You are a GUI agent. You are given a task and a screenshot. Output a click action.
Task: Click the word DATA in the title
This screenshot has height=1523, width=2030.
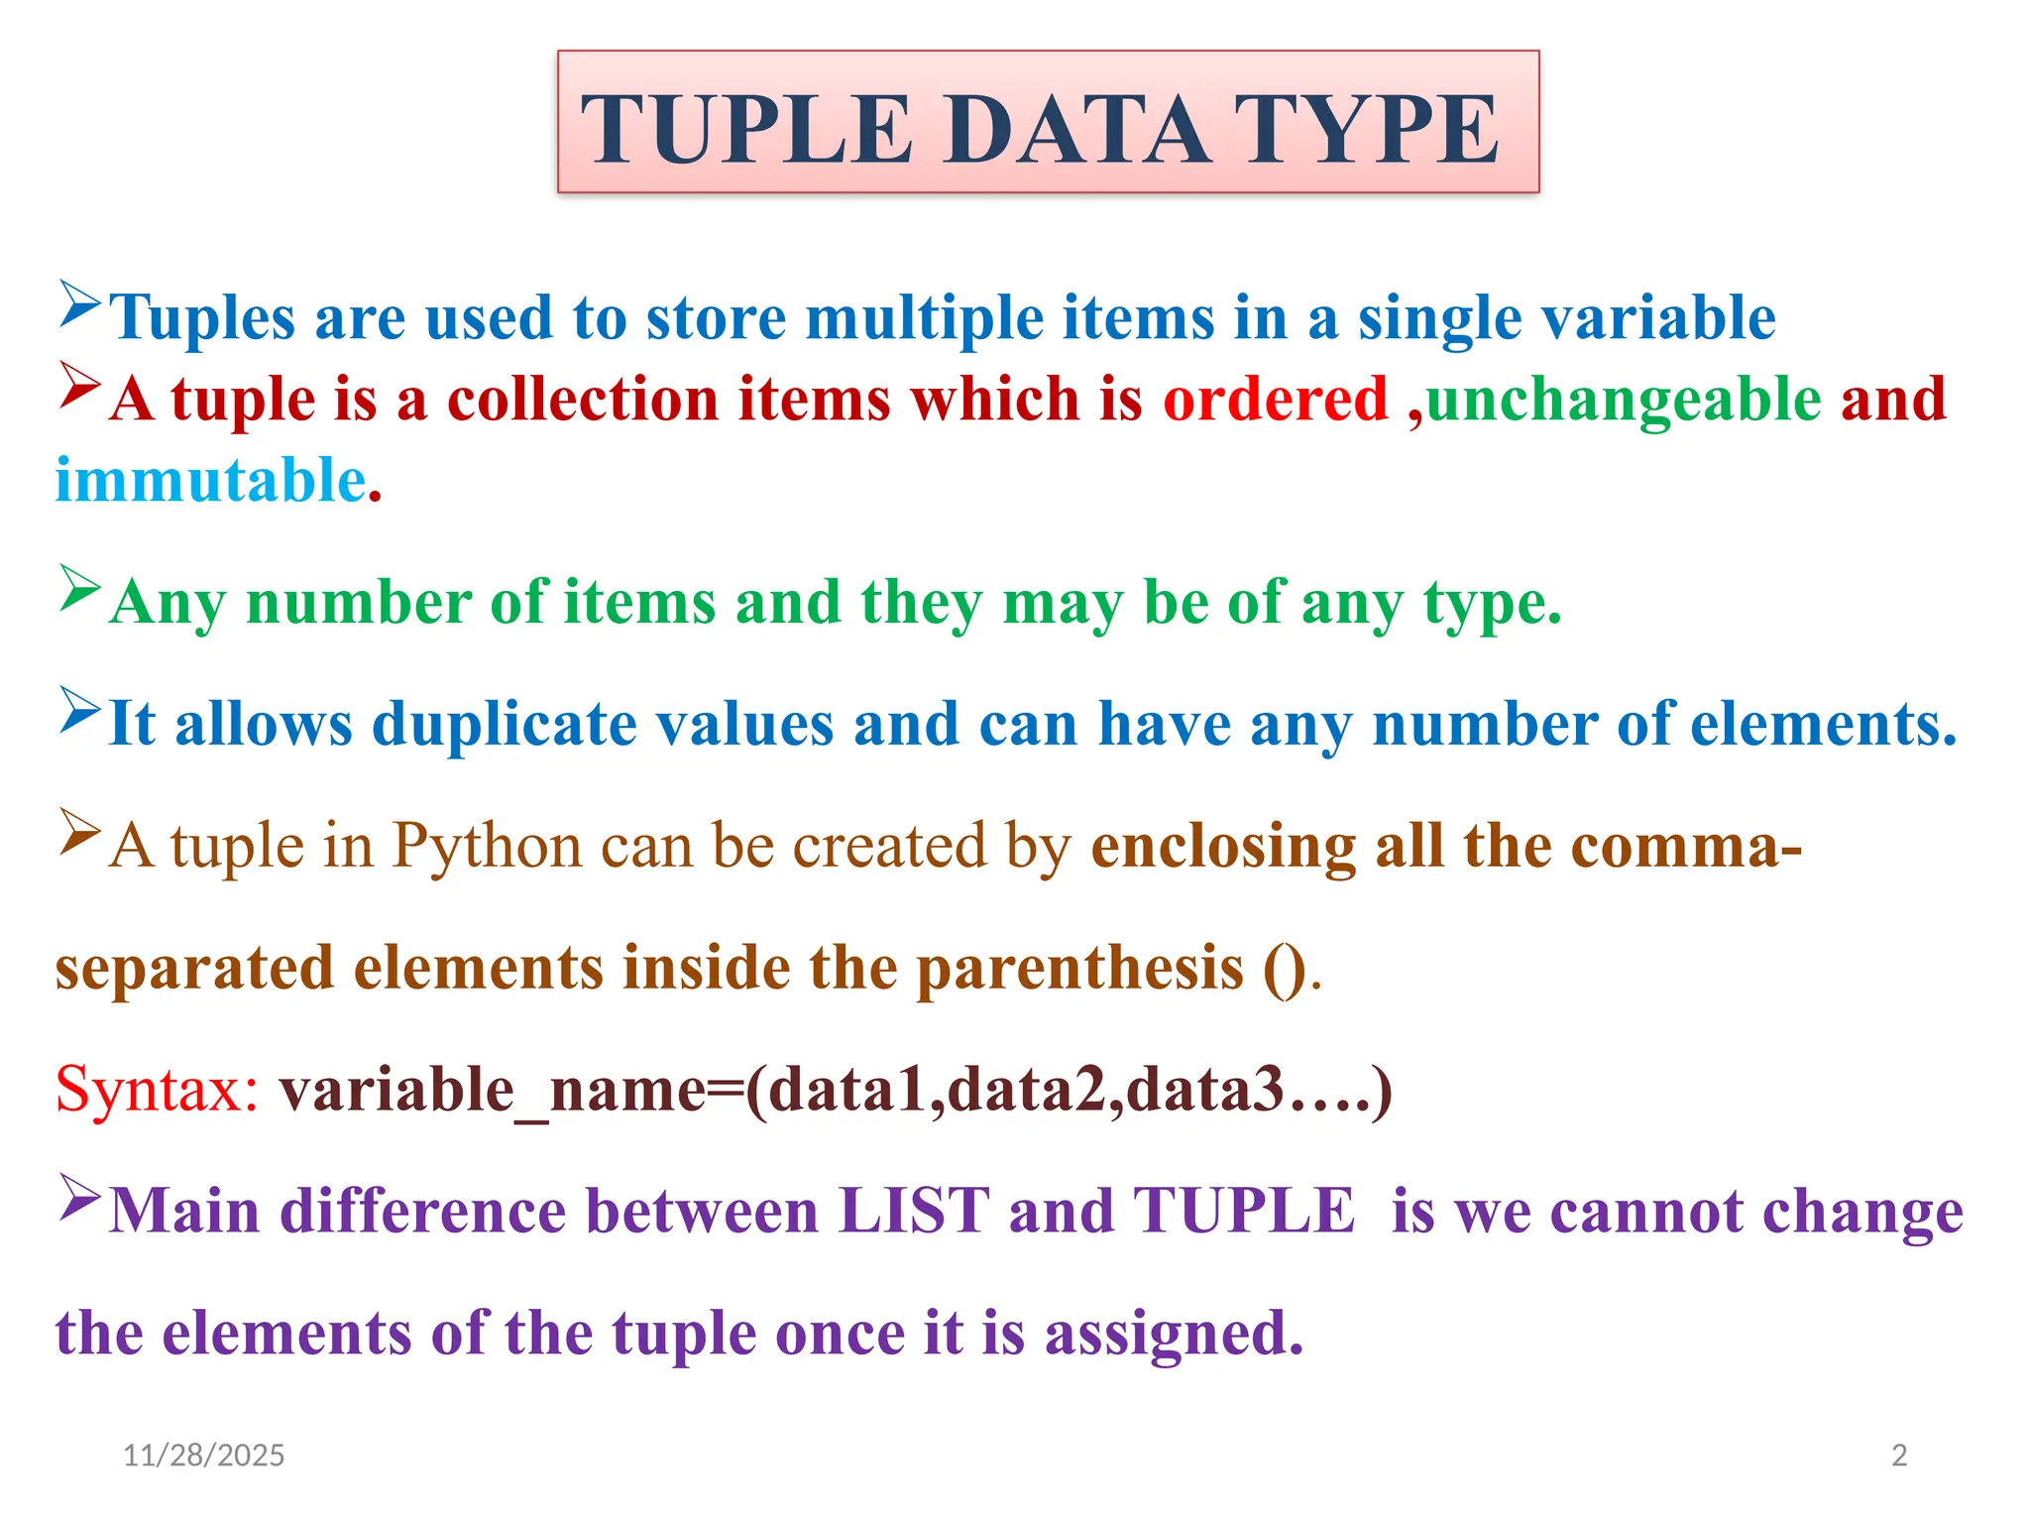click(1075, 130)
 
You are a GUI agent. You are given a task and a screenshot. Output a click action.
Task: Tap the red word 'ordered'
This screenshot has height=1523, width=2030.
click(1275, 400)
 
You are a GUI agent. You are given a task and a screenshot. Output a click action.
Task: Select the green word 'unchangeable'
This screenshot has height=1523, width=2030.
click(1624, 400)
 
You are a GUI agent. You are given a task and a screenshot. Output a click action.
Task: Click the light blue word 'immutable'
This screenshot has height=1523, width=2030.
click(211, 481)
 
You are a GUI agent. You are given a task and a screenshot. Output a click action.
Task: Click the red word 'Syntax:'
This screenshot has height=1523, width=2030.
click(157, 1090)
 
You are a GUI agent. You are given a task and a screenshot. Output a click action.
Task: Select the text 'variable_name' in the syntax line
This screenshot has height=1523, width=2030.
click(493, 1090)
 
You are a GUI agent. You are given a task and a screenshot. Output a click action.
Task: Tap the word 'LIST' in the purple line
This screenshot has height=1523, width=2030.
click(913, 1212)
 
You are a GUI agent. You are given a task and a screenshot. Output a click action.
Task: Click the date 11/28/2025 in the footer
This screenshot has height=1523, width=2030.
click(203, 1455)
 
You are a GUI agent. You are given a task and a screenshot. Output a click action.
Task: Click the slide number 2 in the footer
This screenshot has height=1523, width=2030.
click(1899, 1455)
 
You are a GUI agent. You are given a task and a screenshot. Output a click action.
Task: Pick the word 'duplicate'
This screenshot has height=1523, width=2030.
click(504, 724)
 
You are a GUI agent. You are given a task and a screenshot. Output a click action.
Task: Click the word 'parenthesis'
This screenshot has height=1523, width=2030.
click(1079, 969)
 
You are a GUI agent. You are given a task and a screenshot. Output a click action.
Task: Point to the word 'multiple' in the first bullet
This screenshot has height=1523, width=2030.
click(924, 318)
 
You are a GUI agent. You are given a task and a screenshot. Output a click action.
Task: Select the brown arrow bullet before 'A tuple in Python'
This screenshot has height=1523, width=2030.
click(79, 832)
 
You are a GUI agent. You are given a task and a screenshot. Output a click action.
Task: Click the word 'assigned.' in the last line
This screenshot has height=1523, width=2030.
click(1174, 1334)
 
